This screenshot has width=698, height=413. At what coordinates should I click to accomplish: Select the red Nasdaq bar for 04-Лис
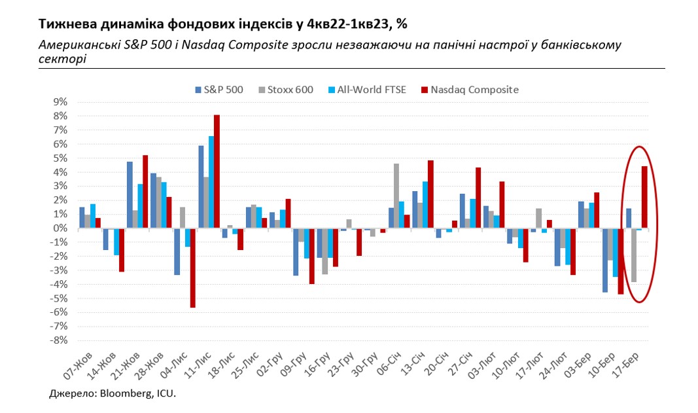[193, 268]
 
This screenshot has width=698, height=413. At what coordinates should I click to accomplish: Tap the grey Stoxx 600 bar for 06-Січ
[396, 196]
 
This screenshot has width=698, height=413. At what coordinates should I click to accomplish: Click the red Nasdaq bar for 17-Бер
[644, 197]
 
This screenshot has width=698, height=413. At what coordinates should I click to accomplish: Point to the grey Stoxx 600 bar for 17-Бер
[634, 255]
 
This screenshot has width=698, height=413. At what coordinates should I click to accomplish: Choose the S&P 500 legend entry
[218, 90]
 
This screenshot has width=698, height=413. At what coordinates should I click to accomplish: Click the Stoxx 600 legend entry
[287, 90]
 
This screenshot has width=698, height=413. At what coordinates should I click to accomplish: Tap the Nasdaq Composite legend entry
[470, 90]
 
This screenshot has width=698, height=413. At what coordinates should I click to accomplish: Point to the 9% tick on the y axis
[60, 102]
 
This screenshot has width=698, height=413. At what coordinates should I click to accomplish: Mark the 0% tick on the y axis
[60, 228]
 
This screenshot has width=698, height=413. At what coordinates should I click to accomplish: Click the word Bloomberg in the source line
[121, 395]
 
